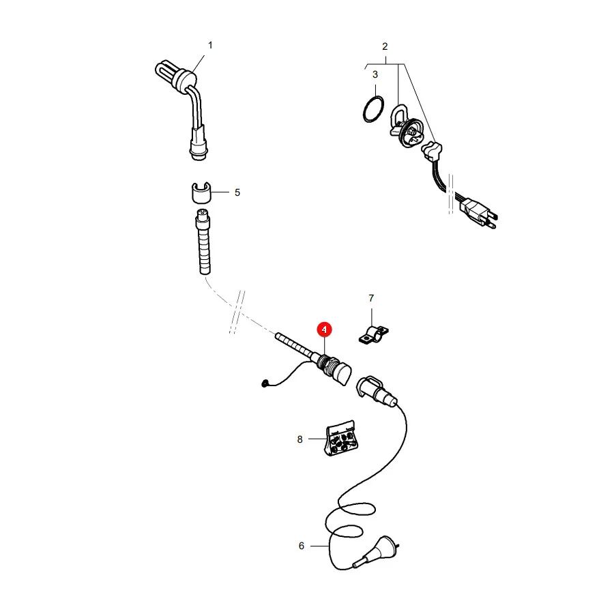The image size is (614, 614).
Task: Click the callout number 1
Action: click(x=210, y=46)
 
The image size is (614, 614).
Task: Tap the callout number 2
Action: click(x=385, y=46)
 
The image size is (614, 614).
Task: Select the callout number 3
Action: click(x=375, y=74)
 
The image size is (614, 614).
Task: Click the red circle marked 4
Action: click(x=324, y=330)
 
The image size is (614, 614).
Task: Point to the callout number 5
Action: click(x=237, y=192)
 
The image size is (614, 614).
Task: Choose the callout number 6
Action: click(x=301, y=546)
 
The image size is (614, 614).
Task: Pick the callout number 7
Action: click(x=371, y=298)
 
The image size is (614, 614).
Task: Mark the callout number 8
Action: click(x=300, y=439)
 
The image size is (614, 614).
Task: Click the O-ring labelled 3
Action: click(x=364, y=110)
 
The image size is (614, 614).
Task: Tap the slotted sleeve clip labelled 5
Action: click(x=201, y=193)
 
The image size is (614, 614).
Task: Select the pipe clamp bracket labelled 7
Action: click(x=373, y=335)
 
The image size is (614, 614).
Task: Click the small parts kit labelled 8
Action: click(x=341, y=438)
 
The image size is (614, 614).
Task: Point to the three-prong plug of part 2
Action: click(x=480, y=214)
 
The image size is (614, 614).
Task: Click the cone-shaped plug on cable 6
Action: click(x=380, y=550)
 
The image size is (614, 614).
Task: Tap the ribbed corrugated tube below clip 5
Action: click(x=203, y=243)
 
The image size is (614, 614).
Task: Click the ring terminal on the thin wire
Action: click(x=265, y=383)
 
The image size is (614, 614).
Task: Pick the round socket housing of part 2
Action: click(x=411, y=133)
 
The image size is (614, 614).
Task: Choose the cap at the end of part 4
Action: click(x=343, y=374)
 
